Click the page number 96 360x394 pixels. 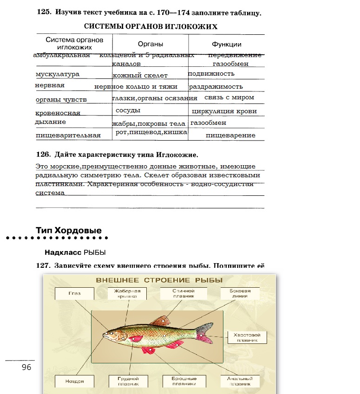[26, 367]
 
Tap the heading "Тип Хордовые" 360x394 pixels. [68, 230]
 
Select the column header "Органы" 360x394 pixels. [150, 44]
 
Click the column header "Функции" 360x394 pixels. [226, 44]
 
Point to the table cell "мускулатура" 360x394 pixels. [58, 74]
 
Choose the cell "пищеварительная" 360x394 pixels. [68, 136]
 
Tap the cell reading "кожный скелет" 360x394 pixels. [140, 75]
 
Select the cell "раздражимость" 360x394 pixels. [216, 87]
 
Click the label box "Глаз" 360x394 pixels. [74, 293]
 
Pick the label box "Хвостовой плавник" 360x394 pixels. [247, 337]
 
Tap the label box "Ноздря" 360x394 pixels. [75, 381]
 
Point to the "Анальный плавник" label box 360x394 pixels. [240, 381]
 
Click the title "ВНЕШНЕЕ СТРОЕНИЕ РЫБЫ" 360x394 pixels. [159, 280]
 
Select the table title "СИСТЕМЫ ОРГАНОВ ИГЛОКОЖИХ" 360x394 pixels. [151, 26]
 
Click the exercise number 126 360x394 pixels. [43, 154]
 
